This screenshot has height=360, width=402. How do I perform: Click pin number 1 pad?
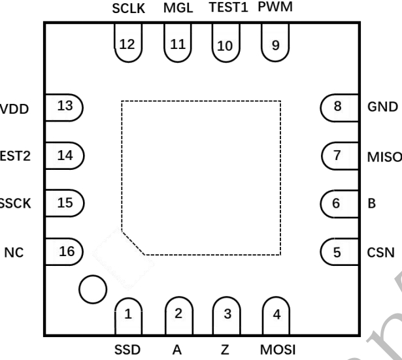pyautogui.click(x=129, y=316)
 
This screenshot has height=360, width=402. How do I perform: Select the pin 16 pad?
pyautogui.click(x=64, y=250)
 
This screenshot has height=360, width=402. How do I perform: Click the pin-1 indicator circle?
pyautogui.click(x=92, y=287)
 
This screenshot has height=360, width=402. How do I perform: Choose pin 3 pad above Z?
pyautogui.click(x=227, y=316)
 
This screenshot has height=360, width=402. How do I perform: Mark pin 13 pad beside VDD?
pyautogui.click(x=64, y=106)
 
